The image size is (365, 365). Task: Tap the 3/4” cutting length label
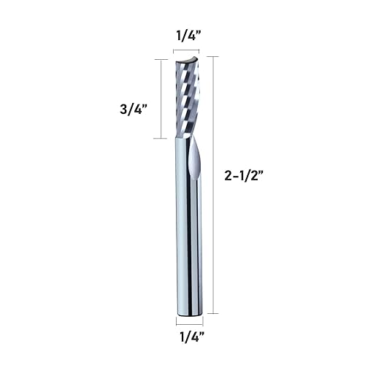click(135, 109)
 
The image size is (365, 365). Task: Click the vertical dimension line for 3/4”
click(161, 99)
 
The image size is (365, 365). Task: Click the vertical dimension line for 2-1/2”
click(212, 182)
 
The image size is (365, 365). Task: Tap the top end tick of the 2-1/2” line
click(212, 56)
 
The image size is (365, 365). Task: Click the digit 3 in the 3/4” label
click(125, 109)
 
